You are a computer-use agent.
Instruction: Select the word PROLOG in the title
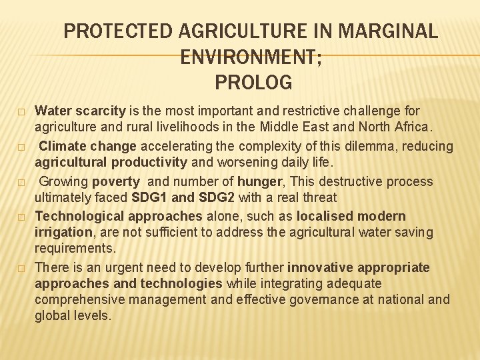click(254, 83)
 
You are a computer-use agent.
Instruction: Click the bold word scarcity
click(99, 111)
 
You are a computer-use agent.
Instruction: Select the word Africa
click(412, 127)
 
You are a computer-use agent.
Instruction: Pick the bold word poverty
click(116, 181)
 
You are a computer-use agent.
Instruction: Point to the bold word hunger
click(255, 181)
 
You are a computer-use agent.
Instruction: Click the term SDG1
click(149, 198)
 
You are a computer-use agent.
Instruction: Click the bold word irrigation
click(63, 233)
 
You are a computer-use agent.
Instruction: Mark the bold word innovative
click(321, 268)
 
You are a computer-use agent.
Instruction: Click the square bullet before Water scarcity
click(21, 111)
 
